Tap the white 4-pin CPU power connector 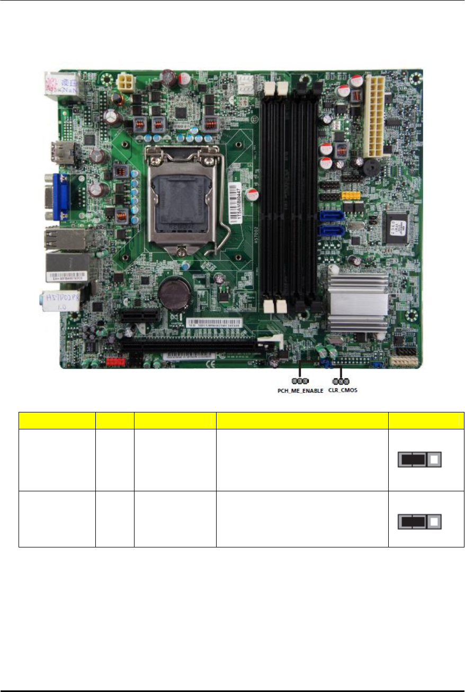click(x=128, y=82)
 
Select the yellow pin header click(x=351, y=196)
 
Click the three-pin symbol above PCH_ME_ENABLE click(x=300, y=381)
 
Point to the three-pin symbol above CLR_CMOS click(x=341, y=381)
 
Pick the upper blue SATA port click(x=333, y=216)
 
